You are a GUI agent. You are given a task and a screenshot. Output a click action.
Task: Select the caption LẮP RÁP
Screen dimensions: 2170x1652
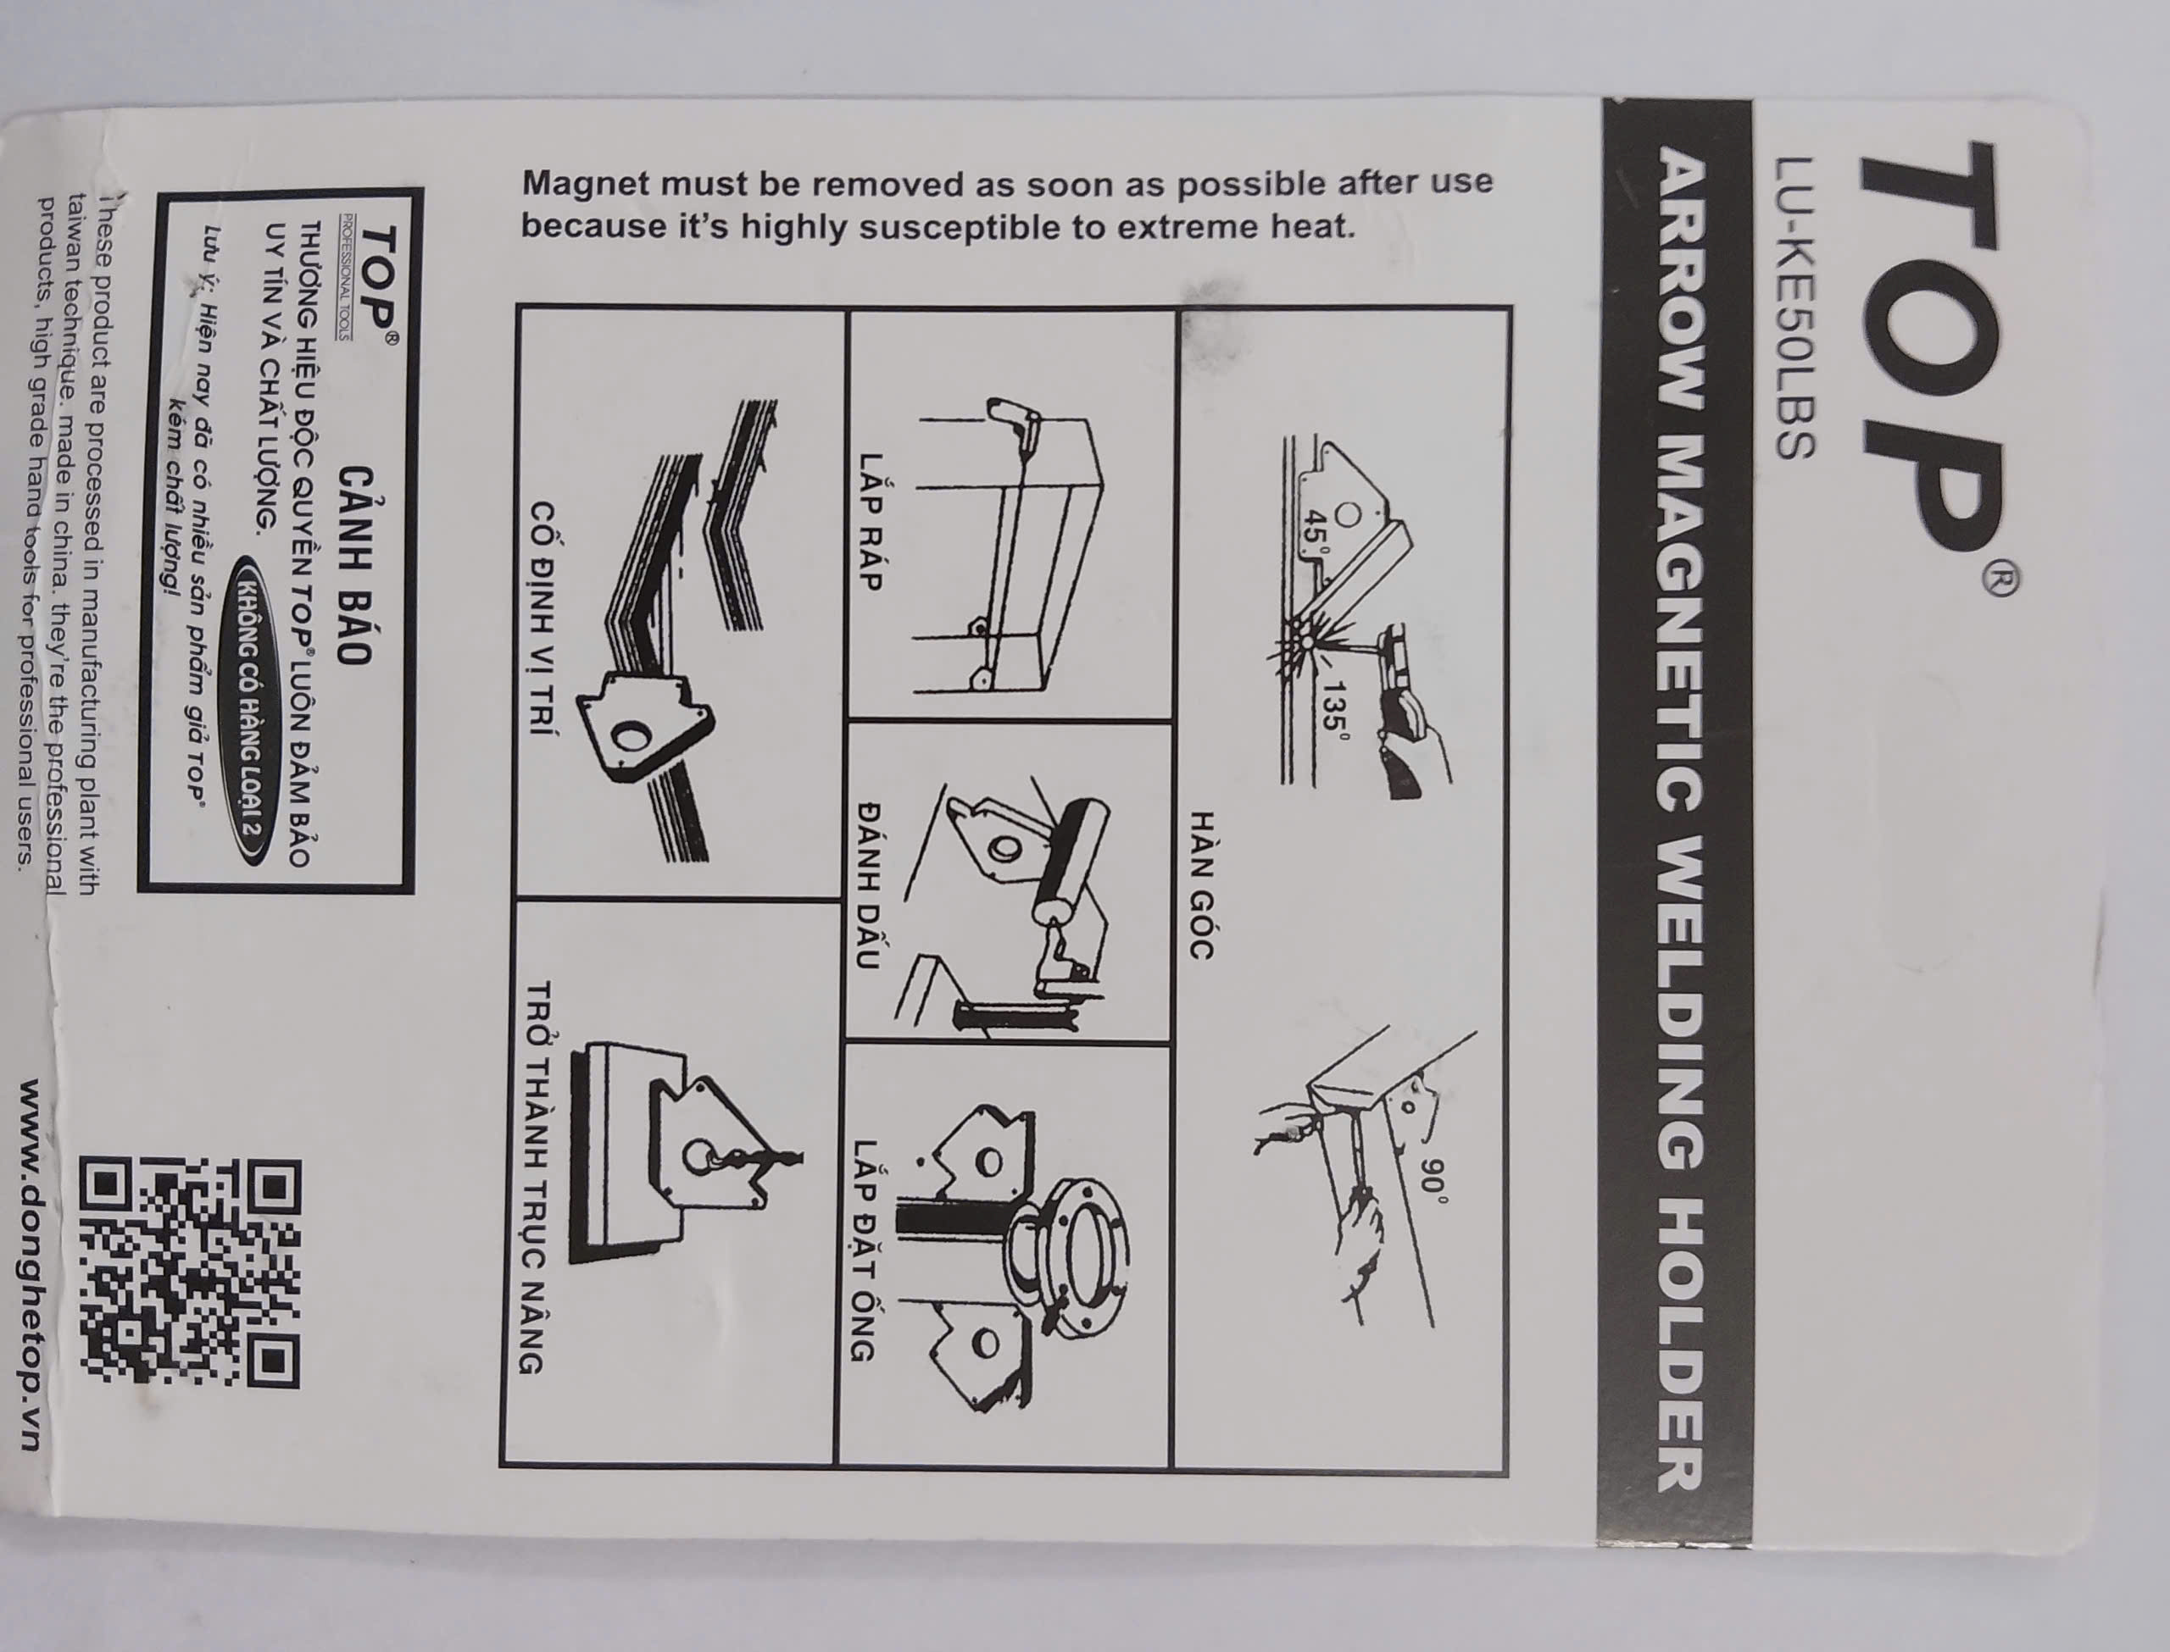(x=868, y=520)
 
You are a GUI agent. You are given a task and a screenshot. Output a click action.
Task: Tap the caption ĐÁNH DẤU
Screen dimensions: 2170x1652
(x=870, y=885)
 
